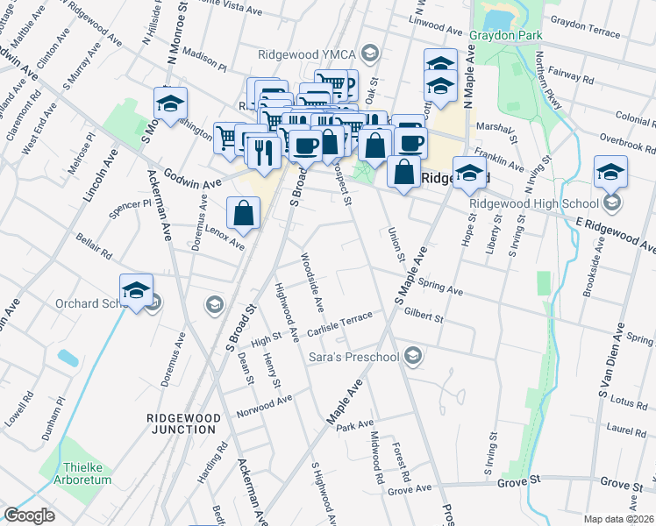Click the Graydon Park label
(506, 36)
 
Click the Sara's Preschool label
(353, 357)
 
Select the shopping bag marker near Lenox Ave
(244, 212)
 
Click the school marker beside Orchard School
(137, 290)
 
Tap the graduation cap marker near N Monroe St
(171, 103)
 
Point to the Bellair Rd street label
(94, 247)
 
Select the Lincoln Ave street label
(99, 175)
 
